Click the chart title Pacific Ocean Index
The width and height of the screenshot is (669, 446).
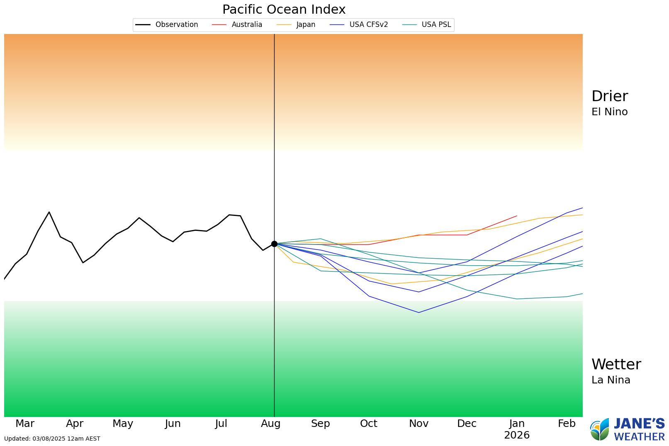click(284, 9)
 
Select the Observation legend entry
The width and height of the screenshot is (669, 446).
click(167, 24)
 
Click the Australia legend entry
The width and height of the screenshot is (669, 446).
click(237, 24)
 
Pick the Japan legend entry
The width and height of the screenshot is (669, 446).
click(296, 24)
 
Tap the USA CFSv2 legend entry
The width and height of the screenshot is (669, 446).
click(359, 24)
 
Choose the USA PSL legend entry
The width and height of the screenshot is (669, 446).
click(427, 24)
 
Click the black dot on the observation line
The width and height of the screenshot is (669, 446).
click(274, 244)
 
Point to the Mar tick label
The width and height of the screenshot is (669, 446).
click(25, 424)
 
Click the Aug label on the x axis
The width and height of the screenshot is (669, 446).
click(270, 424)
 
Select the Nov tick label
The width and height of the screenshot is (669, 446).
click(418, 424)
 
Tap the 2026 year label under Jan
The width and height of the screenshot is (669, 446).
click(516, 435)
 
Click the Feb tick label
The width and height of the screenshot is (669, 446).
click(567, 424)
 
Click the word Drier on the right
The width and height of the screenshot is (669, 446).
click(609, 96)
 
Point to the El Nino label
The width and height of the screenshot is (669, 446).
click(609, 112)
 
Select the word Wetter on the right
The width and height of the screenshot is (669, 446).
click(616, 364)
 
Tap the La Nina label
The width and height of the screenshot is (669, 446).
click(611, 380)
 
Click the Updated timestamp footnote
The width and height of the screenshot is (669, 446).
click(52, 439)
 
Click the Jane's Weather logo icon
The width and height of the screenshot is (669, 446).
click(600, 430)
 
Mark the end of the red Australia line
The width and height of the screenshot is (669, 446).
click(517, 216)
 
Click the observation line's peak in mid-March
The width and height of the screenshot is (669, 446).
click(49, 212)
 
